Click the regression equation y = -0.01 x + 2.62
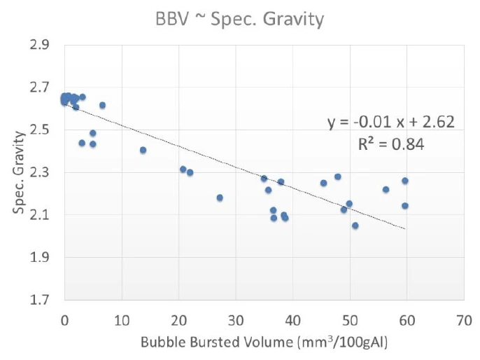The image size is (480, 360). [x=391, y=123]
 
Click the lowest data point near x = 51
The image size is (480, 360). [x=355, y=226]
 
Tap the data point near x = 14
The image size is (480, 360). [x=143, y=150]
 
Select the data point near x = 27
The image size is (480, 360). [x=220, y=198]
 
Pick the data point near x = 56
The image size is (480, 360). [x=386, y=189]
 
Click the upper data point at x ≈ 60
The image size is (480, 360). [x=405, y=181]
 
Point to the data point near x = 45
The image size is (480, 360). [x=323, y=183]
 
